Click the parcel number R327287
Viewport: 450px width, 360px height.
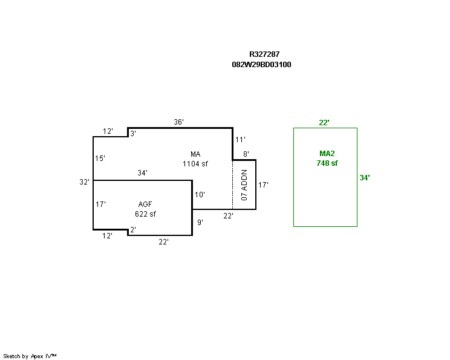[264, 54]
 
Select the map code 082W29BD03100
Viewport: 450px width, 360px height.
[261, 64]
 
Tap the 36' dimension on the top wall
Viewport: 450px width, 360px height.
[178, 122]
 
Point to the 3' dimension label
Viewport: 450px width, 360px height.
[132, 133]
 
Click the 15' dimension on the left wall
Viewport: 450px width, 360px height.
[100, 159]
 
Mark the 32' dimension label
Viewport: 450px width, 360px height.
[84, 182]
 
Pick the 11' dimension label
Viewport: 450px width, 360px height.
[240, 139]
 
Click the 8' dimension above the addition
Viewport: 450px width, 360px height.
[246, 154]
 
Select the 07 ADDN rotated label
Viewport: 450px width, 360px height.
[244, 185]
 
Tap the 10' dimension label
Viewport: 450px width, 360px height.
[200, 195]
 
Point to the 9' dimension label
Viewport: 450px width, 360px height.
[200, 222]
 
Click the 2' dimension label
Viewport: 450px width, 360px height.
[132, 230]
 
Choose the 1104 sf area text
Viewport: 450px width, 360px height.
[195, 163]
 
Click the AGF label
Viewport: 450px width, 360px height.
[145, 205]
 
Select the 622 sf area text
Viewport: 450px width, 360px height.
[145, 214]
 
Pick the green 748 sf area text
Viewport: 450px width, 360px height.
[327, 163]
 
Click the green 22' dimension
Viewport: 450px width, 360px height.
[324, 123]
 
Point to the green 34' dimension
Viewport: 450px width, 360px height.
[364, 178]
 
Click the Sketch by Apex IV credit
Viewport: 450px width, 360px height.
[30, 356]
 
